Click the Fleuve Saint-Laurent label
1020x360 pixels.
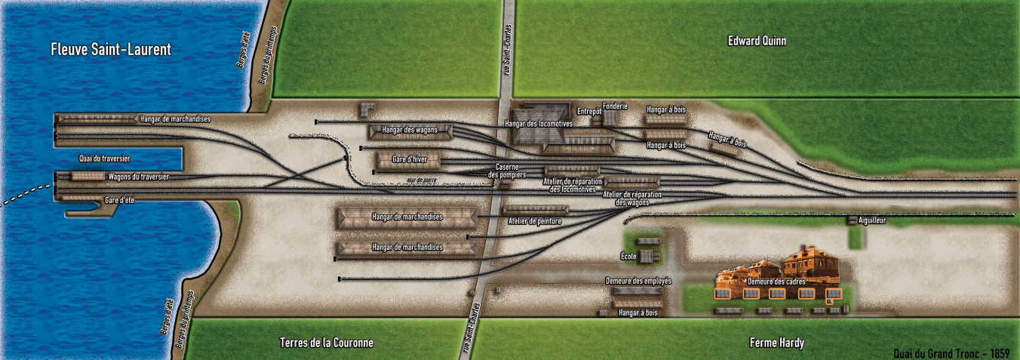[x=111, y=50]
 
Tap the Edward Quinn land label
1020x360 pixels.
[x=757, y=41]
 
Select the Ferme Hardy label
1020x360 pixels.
[x=776, y=343]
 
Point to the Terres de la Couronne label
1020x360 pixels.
[x=326, y=343]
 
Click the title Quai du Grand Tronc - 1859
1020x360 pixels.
[x=951, y=353]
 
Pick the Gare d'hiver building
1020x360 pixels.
[x=407, y=160]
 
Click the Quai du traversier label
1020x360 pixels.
[x=105, y=158]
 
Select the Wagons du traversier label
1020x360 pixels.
[x=138, y=177]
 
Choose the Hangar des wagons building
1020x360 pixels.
[x=410, y=131]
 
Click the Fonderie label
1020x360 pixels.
[x=615, y=106]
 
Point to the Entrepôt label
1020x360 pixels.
[x=588, y=112]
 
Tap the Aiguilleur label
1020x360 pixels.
[x=871, y=220]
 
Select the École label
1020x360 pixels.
[x=628, y=257]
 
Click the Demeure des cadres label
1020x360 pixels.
[x=776, y=282]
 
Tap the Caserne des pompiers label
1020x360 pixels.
[x=506, y=171]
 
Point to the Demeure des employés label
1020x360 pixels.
[x=638, y=282]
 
